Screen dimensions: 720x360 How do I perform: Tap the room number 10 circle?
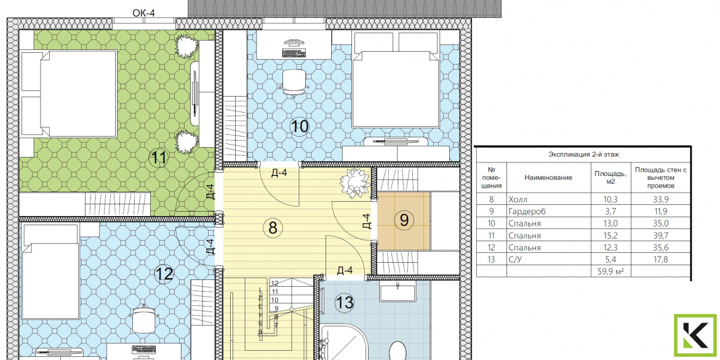[x=300, y=126]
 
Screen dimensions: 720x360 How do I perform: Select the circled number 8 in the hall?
[x=273, y=227]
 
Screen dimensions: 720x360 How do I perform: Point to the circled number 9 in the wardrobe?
[x=404, y=220]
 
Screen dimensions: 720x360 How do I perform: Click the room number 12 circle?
[x=164, y=274]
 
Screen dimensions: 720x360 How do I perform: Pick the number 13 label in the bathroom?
[x=345, y=303]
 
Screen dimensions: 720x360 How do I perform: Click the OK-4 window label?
[x=144, y=13]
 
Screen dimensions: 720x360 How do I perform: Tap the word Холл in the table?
[x=518, y=200]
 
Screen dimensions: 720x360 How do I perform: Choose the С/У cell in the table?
[x=516, y=260]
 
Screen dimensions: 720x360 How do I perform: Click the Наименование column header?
[x=546, y=178]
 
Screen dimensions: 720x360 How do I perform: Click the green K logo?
[x=695, y=335]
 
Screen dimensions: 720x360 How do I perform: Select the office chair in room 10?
[x=292, y=82]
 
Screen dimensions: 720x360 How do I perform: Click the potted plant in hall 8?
[x=355, y=183]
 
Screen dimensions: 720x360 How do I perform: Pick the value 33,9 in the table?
[x=660, y=200]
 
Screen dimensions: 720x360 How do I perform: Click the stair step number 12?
[x=275, y=283]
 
